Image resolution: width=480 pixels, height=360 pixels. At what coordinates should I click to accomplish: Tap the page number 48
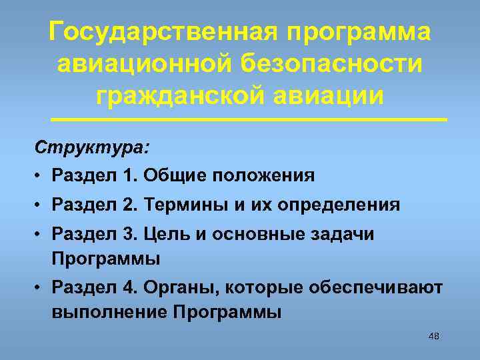[433, 336]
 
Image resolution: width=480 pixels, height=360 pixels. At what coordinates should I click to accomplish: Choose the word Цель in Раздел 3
[165, 235]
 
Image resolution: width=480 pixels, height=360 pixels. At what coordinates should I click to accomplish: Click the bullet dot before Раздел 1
[40, 177]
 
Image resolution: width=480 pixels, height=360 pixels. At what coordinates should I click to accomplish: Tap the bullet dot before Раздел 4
[40, 287]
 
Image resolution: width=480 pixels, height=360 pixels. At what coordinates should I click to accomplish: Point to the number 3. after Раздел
[129, 235]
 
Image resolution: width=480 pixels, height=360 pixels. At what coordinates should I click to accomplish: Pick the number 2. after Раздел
[129, 205]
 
